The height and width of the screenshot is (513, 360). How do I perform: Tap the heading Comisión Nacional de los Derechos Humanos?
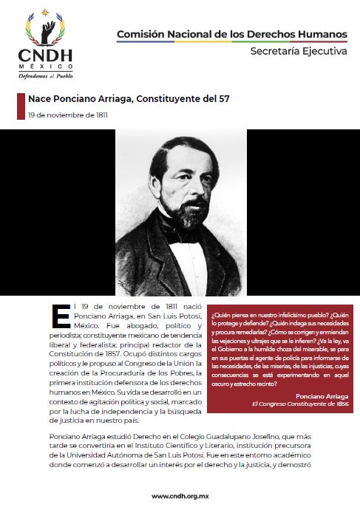[231, 35]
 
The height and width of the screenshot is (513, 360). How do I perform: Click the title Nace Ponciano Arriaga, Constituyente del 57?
[133, 98]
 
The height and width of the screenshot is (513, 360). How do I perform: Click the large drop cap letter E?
[60, 315]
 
